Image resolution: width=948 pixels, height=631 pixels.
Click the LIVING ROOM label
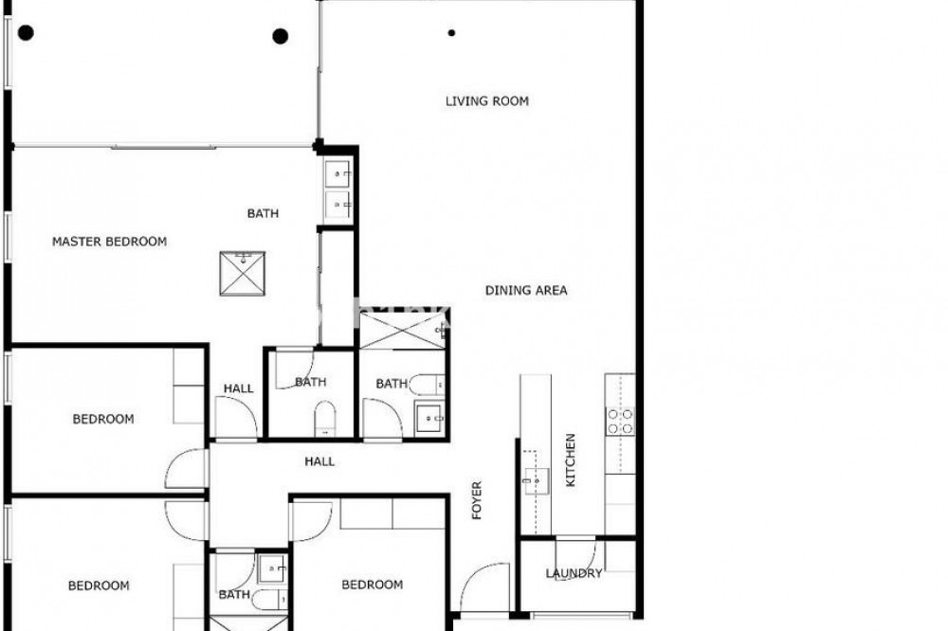(486, 101)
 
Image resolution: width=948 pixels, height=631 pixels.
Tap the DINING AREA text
(526, 290)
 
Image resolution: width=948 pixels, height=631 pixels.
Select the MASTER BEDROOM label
(109, 242)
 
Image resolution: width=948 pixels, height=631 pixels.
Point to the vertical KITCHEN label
(570, 460)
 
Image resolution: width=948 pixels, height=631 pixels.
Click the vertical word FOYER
(477, 500)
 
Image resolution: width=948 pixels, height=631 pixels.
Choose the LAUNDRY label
(574, 573)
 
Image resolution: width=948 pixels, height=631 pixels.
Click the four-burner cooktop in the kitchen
(620, 422)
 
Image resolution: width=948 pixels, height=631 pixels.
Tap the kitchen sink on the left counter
(536, 481)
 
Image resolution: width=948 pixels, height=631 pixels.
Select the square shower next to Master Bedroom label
(243, 274)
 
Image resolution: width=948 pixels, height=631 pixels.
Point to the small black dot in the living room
(451, 33)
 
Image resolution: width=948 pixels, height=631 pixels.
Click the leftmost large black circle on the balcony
(26, 32)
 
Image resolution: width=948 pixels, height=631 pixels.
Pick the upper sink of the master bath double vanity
(338, 174)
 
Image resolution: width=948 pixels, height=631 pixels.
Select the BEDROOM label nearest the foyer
(373, 585)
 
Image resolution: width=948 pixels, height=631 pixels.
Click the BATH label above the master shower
(263, 213)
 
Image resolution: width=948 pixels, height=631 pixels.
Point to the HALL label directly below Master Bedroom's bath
(239, 388)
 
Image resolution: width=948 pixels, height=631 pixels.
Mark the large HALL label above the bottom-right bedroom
(319, 461)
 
